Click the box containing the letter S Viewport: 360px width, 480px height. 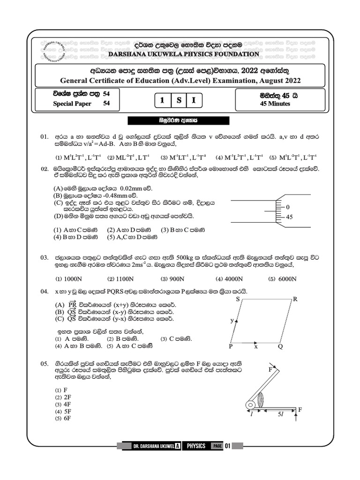coord(179,100)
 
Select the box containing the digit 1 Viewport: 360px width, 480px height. coord(162,100)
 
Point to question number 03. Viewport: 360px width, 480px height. coord(45,258)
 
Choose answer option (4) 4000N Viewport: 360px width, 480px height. coord(227,278)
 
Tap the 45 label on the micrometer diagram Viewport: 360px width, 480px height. coord(289,217)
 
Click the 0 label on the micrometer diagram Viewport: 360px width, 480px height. coord(287,207)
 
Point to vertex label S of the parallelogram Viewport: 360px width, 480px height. coord(238,299)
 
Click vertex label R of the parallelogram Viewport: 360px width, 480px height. coord(295,299)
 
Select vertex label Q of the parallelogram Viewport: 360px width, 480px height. coord(280,347)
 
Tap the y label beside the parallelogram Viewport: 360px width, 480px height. coord(231,321)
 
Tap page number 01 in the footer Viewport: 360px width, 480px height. coord(228,446)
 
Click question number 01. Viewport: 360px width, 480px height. coord(45,136)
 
